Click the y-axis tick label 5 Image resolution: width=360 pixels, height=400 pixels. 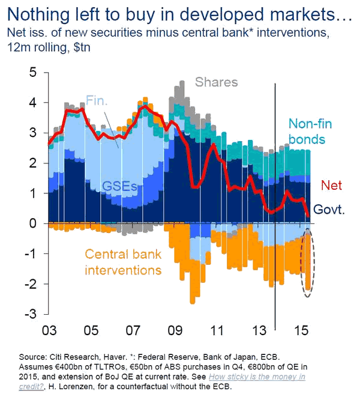[x=34, y=73]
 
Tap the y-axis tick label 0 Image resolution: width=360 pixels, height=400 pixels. [x=34, y=223]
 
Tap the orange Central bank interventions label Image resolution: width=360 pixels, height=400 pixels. [x=123, y=261]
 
